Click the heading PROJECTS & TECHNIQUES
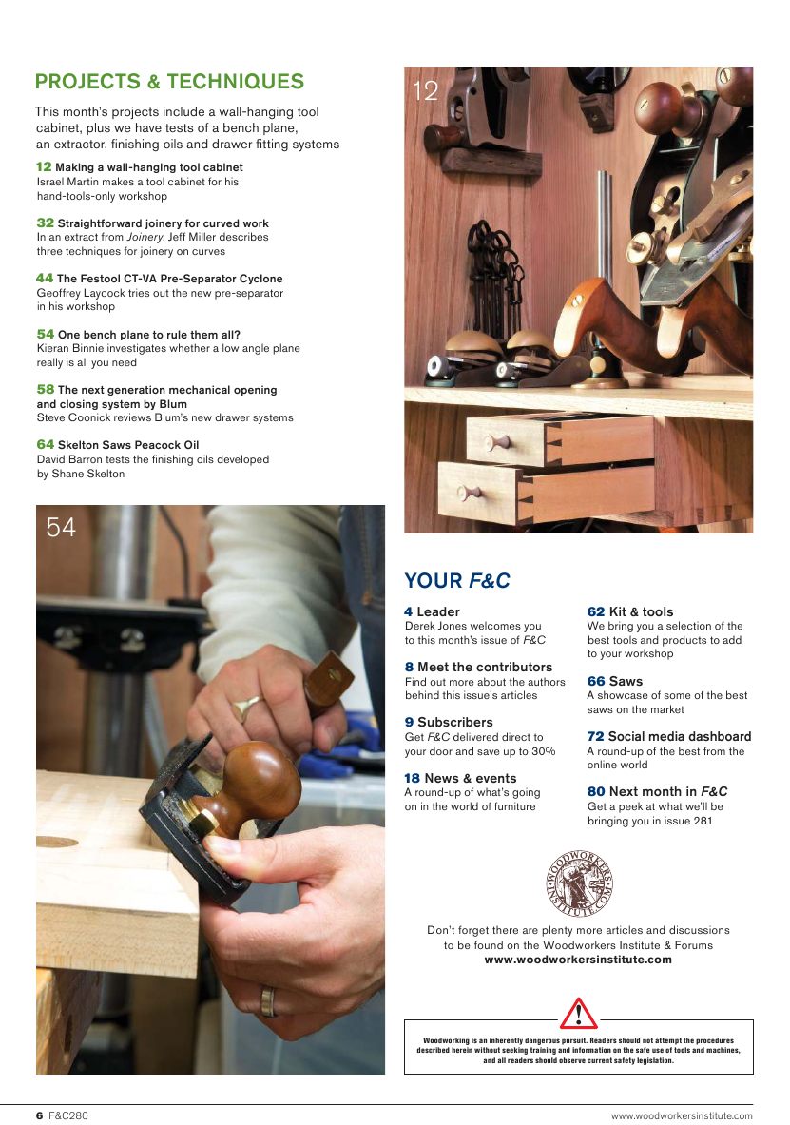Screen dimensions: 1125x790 169,81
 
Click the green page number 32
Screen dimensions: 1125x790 45,223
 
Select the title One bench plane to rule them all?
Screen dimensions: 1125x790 148,335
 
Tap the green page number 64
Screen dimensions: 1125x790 45,444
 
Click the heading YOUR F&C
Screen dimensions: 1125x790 457,580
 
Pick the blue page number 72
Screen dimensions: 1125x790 595,737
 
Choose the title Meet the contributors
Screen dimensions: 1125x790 484,668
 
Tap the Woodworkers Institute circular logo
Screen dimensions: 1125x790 579,883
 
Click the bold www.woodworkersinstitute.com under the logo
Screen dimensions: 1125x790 578,960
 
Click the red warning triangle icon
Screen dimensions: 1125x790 578,1014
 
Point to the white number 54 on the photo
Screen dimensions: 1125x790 61,527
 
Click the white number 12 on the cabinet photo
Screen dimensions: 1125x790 425,90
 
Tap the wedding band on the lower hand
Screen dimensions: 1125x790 269,999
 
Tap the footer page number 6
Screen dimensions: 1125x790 40,1115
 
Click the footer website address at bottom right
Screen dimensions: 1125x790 681,1115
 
